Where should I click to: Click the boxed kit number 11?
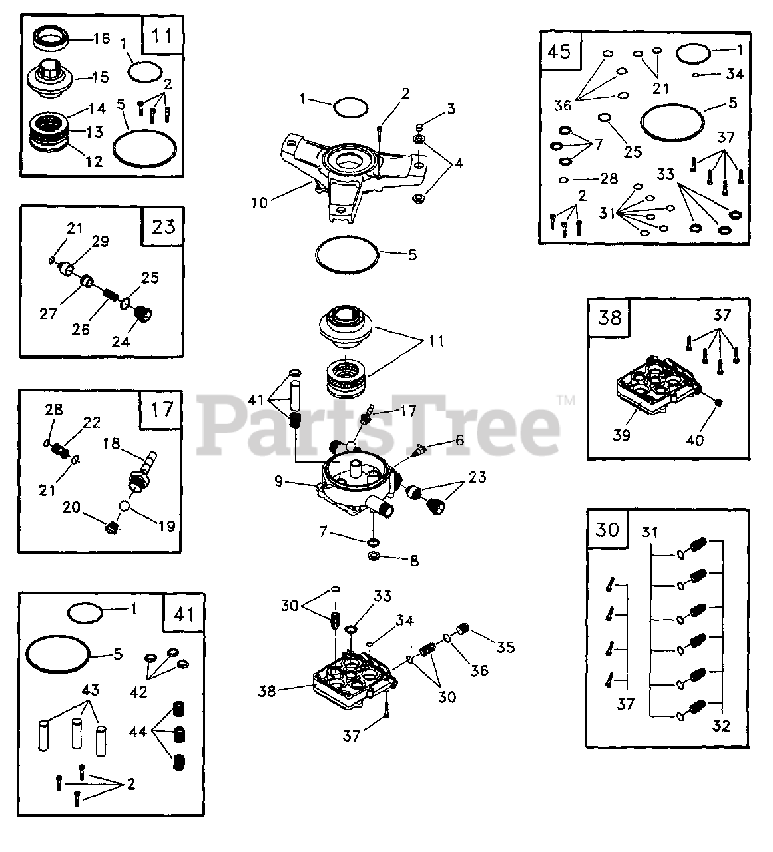tap(162, 34)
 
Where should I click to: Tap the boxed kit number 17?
tap(162, 409)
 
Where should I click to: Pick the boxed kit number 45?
tap(559, 51)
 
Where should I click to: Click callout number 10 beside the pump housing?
tap(258, 202)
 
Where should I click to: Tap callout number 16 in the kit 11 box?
tap(101, 39)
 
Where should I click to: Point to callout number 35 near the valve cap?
tap(505, 646)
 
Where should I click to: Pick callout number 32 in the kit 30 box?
tap(721, 725)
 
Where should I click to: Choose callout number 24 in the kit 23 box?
tap(121, 343)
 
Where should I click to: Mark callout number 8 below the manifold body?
tap(413, 561)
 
